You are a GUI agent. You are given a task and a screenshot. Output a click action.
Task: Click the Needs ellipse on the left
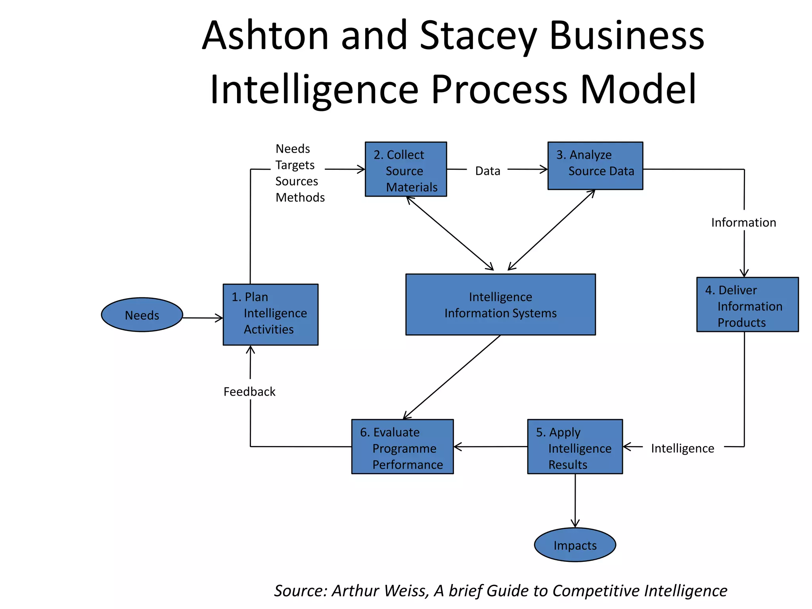[142, 315]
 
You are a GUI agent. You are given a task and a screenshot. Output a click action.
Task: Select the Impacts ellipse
[575, 545]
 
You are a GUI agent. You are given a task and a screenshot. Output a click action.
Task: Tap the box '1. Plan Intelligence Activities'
[270, 314]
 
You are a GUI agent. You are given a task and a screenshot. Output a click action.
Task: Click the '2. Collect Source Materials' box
[406, 169]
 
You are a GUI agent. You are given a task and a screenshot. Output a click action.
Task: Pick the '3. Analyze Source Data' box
[595, 166]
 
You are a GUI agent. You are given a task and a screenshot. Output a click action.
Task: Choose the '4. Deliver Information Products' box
[747, 304]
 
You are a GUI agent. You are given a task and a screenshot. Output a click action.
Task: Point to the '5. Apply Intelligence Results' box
[575, 446]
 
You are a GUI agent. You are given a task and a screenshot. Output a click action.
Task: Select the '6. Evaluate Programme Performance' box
[402, 446]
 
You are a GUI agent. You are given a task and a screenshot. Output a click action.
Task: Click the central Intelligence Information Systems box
[500, 304]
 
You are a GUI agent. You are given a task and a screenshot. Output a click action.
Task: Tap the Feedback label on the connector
[249, 392]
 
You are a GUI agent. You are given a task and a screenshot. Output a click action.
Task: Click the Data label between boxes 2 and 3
[488, 171]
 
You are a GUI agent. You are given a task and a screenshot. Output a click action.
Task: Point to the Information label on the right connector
[743, 222]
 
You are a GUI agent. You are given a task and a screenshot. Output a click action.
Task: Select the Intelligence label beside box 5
[682, 448]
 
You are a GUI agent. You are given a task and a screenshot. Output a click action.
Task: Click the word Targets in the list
[295, 165]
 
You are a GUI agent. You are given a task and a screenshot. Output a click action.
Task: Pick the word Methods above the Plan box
[300, 197]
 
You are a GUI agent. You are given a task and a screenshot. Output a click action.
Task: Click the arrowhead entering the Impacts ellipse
[575, 524]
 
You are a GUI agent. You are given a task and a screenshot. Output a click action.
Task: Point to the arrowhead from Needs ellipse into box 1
[219, 318]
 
